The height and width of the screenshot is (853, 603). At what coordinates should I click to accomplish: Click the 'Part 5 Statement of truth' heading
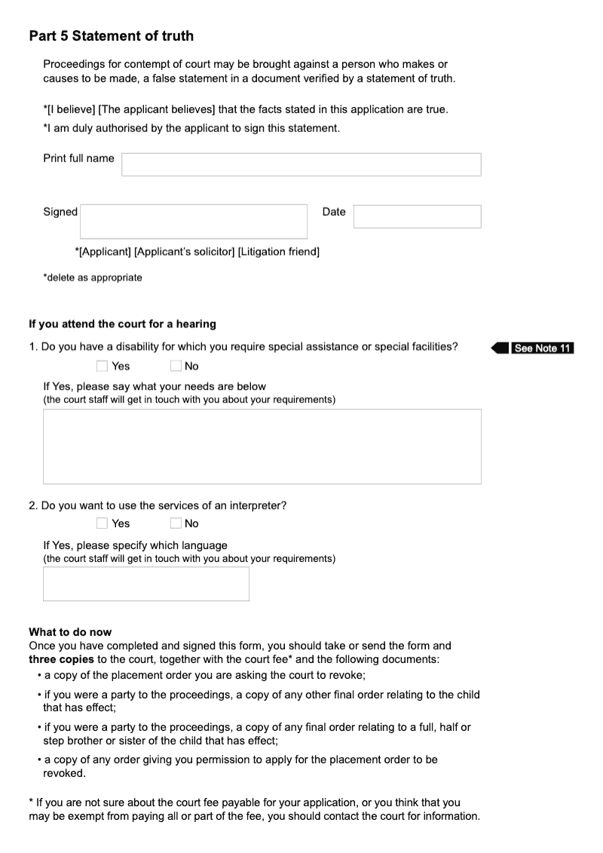111,36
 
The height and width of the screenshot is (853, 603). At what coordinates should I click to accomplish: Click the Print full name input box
301,164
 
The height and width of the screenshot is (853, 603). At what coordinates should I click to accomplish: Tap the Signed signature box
194,221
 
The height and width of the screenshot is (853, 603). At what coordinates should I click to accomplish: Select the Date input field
417,216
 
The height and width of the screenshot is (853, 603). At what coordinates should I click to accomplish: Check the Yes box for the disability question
103,367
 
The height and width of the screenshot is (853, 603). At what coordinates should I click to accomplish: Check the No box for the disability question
176,367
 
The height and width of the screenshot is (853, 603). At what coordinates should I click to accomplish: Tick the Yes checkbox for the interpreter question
103,523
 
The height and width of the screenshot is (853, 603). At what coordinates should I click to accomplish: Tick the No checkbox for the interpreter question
176,523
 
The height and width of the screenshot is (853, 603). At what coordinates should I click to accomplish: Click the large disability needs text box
262,446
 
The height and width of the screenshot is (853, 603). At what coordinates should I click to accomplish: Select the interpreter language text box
145,584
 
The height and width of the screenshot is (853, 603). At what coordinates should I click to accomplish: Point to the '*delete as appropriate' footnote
92,278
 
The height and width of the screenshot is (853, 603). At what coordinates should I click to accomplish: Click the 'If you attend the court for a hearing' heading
122,324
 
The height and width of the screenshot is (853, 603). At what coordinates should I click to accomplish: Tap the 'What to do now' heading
70,632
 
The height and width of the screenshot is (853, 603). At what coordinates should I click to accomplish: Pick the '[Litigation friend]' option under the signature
278,252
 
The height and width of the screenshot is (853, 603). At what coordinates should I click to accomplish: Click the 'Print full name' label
78,158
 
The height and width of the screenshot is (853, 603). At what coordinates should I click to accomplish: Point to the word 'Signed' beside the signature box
60,212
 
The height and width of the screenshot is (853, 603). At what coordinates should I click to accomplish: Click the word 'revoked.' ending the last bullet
64,774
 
